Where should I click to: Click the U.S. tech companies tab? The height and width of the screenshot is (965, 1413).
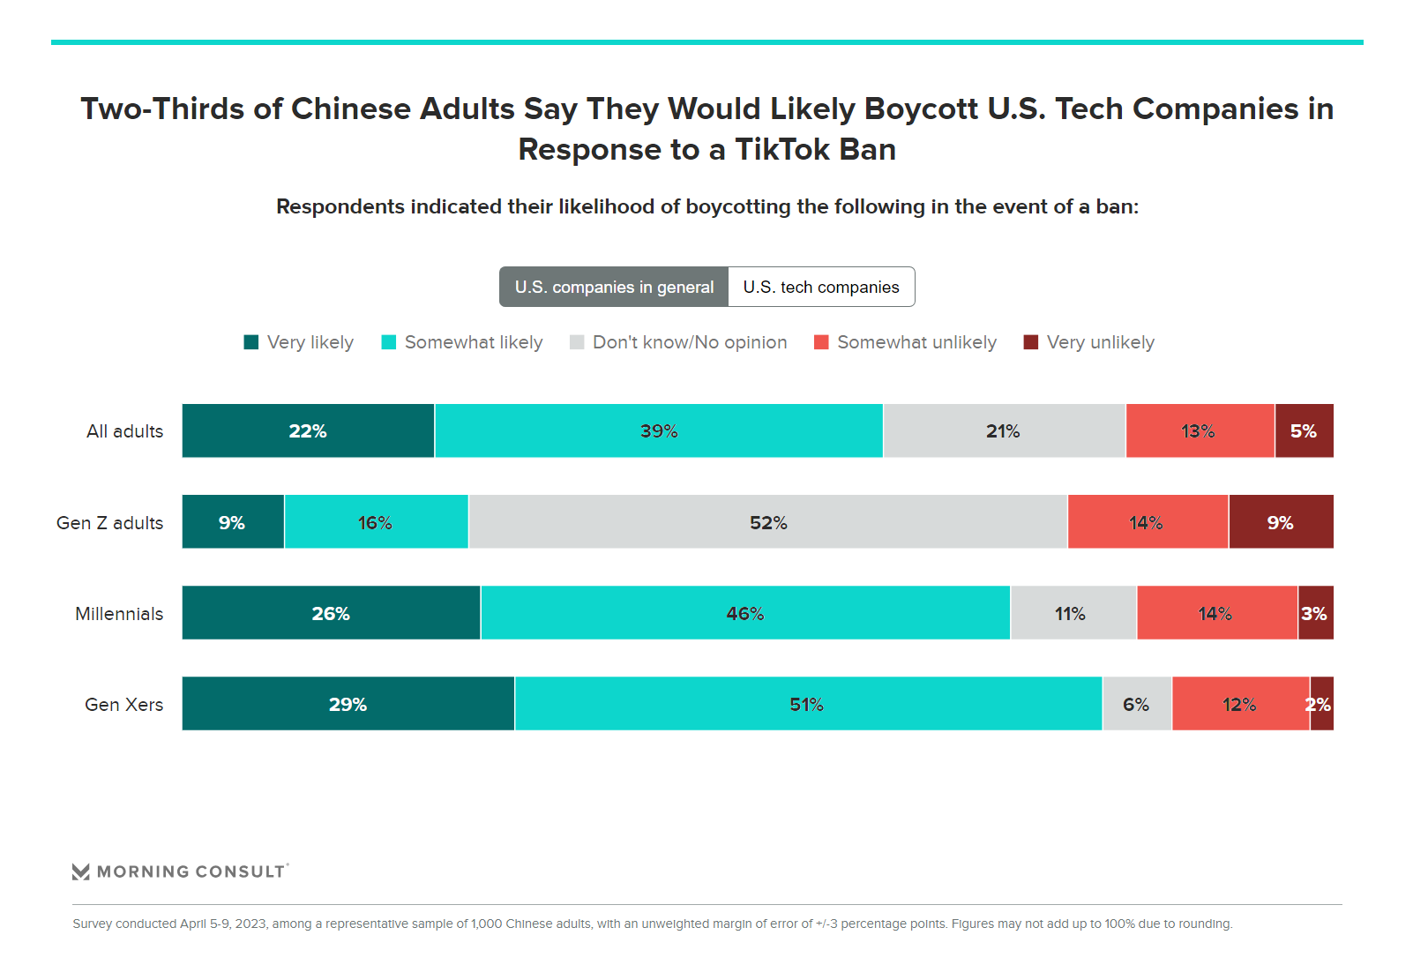(x=821, y=288)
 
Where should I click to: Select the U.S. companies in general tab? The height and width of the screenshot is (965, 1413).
(x=614, y=288)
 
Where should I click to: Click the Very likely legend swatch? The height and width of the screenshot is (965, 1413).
(x=251, y=342)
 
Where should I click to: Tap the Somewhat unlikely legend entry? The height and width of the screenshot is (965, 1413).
(x=906, y=342)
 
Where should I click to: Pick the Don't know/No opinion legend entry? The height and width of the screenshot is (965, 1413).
(x=678, y=342)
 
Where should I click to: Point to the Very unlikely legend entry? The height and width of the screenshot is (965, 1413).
(x=1089, y=342)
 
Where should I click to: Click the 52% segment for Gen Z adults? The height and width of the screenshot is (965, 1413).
(x=767, y=522)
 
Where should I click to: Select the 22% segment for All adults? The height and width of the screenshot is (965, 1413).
(x=308, y=431)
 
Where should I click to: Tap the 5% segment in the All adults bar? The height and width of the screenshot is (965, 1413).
(x=1304, y=431)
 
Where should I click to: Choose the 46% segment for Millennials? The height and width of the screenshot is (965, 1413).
(x=745, y=613)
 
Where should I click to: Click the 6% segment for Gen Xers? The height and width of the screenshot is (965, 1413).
(x=1136, y=704)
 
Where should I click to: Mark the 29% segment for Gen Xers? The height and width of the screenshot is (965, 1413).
(x=348, y=704)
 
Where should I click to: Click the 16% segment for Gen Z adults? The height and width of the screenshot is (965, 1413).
(x=376, y=522)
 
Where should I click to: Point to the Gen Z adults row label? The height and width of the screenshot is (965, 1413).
(x=110, y=523)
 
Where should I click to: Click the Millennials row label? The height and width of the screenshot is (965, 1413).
(x=119, y=614)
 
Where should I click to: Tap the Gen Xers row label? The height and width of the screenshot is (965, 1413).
(x=124, y=705)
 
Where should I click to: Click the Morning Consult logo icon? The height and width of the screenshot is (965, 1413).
(x=81, y=871)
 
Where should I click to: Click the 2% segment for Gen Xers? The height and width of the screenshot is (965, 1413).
(x=1321, y=704)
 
